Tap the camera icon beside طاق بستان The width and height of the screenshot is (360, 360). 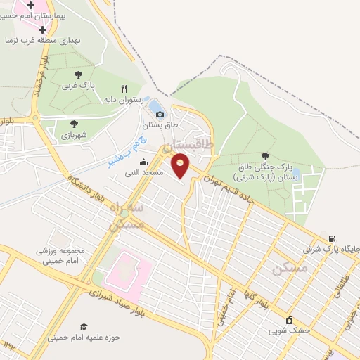160,115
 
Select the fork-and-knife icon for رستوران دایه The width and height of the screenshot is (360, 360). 124,89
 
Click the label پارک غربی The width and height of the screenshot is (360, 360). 78,86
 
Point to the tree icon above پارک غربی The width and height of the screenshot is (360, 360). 78,74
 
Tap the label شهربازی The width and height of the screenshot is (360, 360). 73,135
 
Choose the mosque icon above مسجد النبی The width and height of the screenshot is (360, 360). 144,162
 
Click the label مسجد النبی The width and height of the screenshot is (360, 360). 144,172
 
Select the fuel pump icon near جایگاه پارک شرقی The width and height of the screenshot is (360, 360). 331,238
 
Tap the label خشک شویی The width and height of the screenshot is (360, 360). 288,330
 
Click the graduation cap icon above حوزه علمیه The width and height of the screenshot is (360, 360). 84,326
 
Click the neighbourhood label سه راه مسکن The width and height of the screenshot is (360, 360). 127,216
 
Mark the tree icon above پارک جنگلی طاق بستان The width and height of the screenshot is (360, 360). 265,156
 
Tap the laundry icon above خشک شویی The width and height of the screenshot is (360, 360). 288,320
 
